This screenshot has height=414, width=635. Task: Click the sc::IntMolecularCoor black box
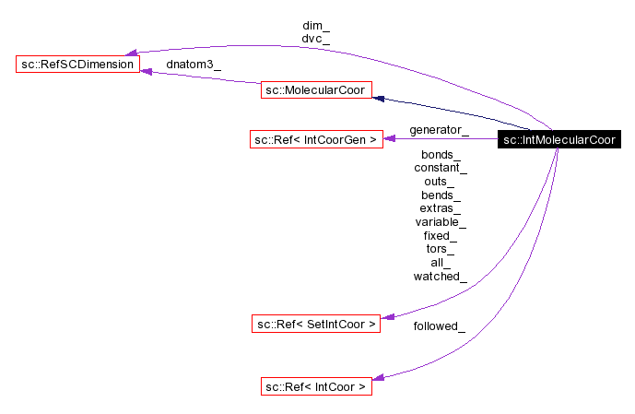tap(559, 140)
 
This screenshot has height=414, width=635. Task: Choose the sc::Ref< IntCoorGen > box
tap(315, 140)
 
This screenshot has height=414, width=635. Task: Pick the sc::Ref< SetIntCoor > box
tap(315, 324)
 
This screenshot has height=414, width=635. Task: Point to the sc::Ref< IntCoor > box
tap(315, 387)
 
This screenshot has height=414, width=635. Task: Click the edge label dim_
tap(315, 25)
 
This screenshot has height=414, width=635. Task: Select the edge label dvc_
tap(315, 39)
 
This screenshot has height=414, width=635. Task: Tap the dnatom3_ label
tap(193, 65)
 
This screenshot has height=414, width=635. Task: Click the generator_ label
tap(439, 129)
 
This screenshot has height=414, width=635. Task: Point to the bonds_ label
tap(441, 155)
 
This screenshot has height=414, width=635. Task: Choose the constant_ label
tap(441, 168)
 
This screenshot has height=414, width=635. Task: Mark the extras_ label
tap(441, 208)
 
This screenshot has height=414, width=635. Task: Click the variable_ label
tap(441, 222)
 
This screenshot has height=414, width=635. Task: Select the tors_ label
tap(441, 249)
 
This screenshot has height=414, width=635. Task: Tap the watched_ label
tap(441, 276)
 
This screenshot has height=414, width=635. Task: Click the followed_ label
tap(439, 325)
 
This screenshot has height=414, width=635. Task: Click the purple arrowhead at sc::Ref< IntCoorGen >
tap(390, 139)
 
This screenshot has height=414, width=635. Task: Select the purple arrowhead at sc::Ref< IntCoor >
tap(379, 379)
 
